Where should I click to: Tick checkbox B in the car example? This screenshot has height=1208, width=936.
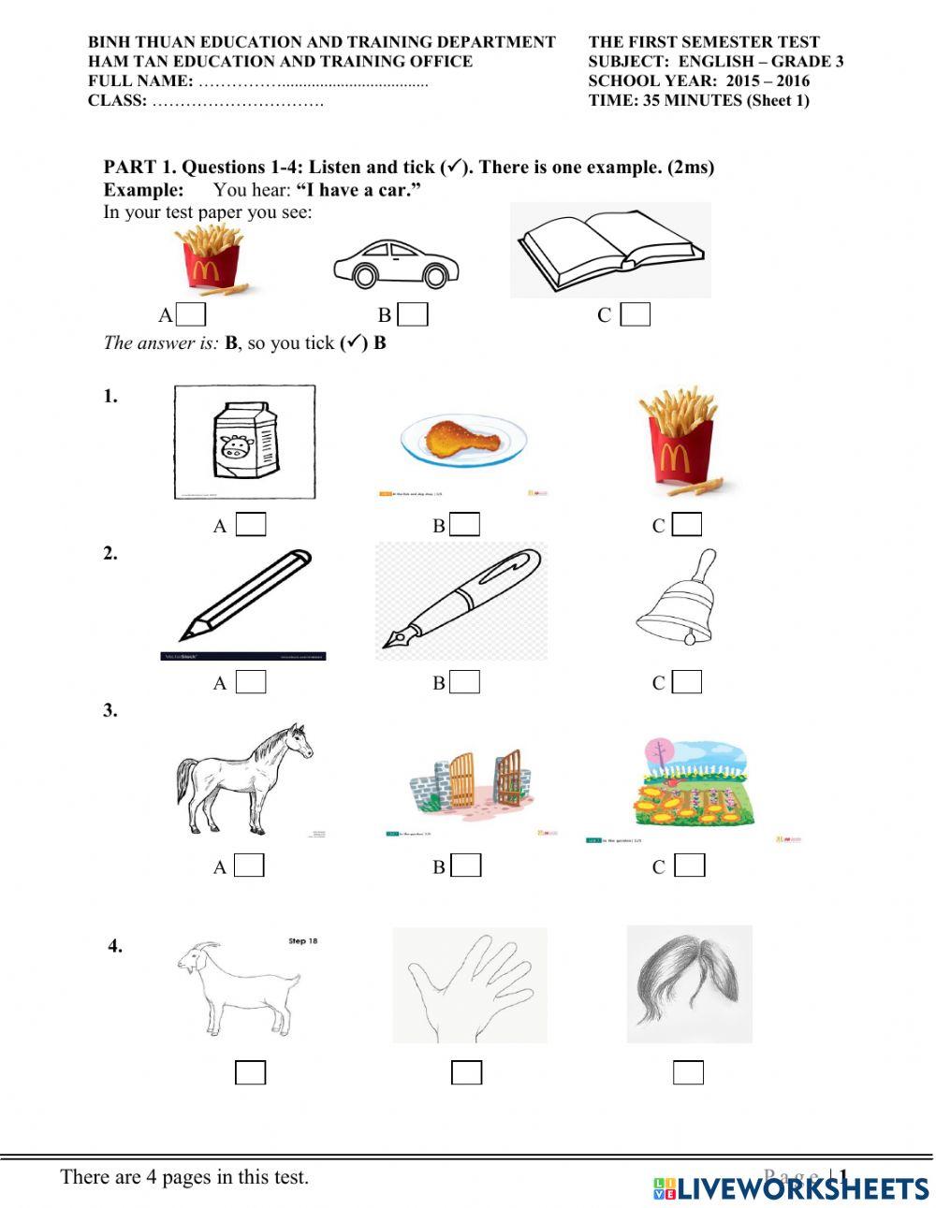(413, 314)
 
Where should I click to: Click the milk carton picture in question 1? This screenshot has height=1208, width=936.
(245, 442)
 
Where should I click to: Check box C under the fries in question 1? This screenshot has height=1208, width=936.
(687, 525)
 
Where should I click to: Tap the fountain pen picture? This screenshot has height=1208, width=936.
(461, 602)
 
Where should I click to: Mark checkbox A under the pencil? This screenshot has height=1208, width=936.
(250, 682)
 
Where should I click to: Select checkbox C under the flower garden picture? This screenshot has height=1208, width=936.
(689, 866)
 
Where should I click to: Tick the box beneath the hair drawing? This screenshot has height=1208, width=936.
(688, 1072)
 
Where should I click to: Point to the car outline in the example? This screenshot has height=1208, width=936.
(395, 263)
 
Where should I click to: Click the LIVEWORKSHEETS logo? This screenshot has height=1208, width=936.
(791, 1187)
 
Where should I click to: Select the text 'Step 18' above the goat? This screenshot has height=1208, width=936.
(303, 940)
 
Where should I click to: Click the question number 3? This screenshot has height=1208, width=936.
(110, 710)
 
